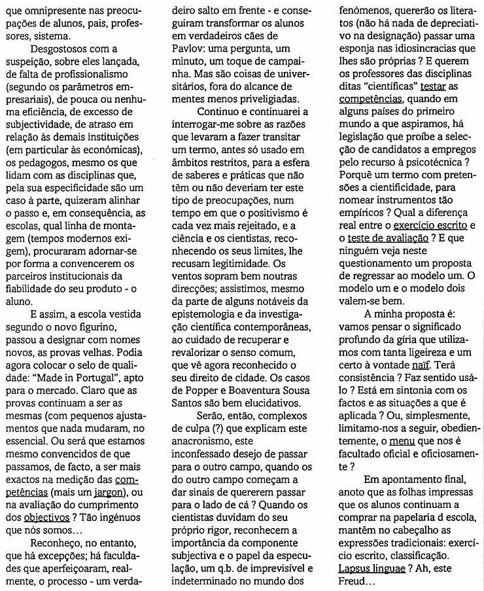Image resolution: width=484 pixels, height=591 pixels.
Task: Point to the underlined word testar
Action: pos(434,86)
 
